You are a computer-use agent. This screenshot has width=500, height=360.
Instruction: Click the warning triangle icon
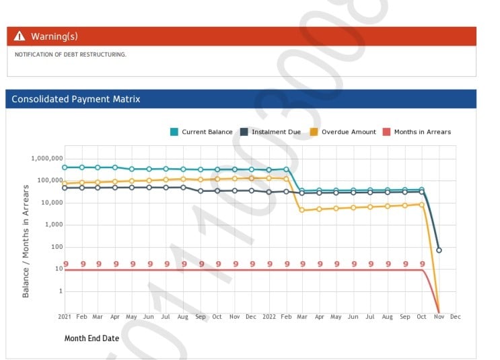click(x=20, y=36)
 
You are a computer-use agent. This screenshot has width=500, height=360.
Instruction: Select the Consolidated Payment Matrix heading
click(x=75, y=99)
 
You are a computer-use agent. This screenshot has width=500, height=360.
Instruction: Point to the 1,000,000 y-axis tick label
click(x=46, y=159)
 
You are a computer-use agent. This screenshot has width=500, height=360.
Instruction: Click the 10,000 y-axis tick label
click(x=50, y=203)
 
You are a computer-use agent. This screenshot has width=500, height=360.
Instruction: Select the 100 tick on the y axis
click(x=55, y=247)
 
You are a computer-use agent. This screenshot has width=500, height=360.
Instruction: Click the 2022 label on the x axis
click(x=269, y=316)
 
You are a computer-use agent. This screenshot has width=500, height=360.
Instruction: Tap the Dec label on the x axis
click(x=455, y=316)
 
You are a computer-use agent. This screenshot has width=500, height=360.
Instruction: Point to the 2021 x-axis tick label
click(x=65, y=316)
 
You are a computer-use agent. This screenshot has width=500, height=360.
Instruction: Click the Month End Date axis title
click(x=92, y=338)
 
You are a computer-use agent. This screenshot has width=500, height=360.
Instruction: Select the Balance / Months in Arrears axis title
click(x=26, y=241)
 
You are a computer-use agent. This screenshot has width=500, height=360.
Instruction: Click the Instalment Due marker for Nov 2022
click(x=439, y=250)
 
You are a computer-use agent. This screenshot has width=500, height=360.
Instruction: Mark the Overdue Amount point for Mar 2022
click(x=302, y=211)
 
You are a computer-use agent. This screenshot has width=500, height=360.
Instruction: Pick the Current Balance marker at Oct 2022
click(x=422, y=190)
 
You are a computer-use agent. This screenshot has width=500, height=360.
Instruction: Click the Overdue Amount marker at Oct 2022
click(x=422, y=204)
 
